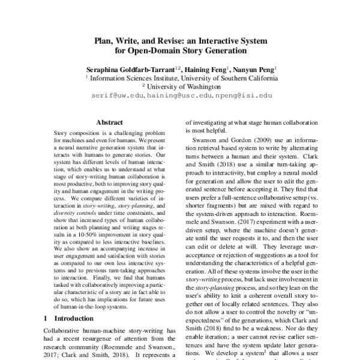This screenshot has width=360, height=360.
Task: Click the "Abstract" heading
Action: (109, 121)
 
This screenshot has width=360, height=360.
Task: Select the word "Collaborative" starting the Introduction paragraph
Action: (68, 331)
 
